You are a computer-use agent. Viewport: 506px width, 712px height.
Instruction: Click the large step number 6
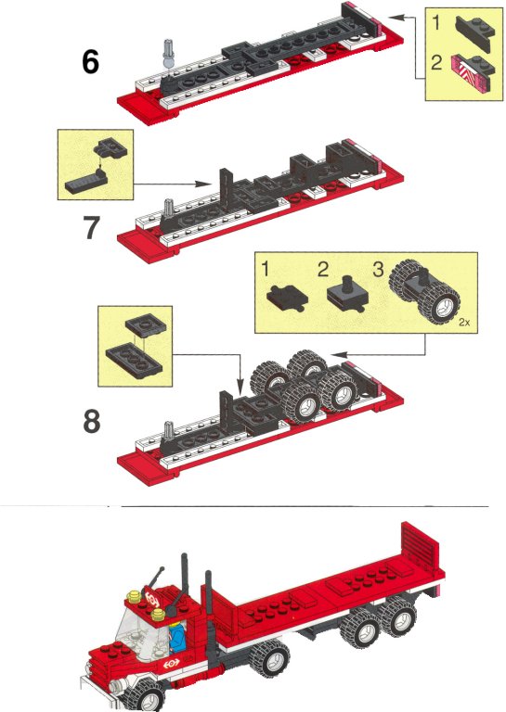point(90,62)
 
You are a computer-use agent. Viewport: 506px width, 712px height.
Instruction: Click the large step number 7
point(91,227)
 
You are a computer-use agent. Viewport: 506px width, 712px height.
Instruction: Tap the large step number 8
point(91,422)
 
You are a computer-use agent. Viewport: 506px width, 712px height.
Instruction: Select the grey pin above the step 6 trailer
point(169,55)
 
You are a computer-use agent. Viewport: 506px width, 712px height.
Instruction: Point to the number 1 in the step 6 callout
point(437,22)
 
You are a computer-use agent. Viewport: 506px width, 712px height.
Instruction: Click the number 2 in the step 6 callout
point(436,62)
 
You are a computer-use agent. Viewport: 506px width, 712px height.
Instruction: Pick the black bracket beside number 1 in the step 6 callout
point(475,32)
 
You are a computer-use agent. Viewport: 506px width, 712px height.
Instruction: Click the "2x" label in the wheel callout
point(464,322)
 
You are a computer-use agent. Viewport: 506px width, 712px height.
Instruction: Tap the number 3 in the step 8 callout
point(378,269)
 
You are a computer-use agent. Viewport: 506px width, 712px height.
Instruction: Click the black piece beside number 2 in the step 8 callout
point(348,294)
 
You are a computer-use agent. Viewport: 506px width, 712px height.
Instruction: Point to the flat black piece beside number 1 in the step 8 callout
point(286,298)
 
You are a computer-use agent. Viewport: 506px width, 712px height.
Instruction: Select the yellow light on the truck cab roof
point(133,596)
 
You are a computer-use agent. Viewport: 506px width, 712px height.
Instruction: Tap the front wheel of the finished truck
point(147,693)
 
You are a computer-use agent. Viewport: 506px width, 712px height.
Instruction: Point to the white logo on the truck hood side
point(172,664)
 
